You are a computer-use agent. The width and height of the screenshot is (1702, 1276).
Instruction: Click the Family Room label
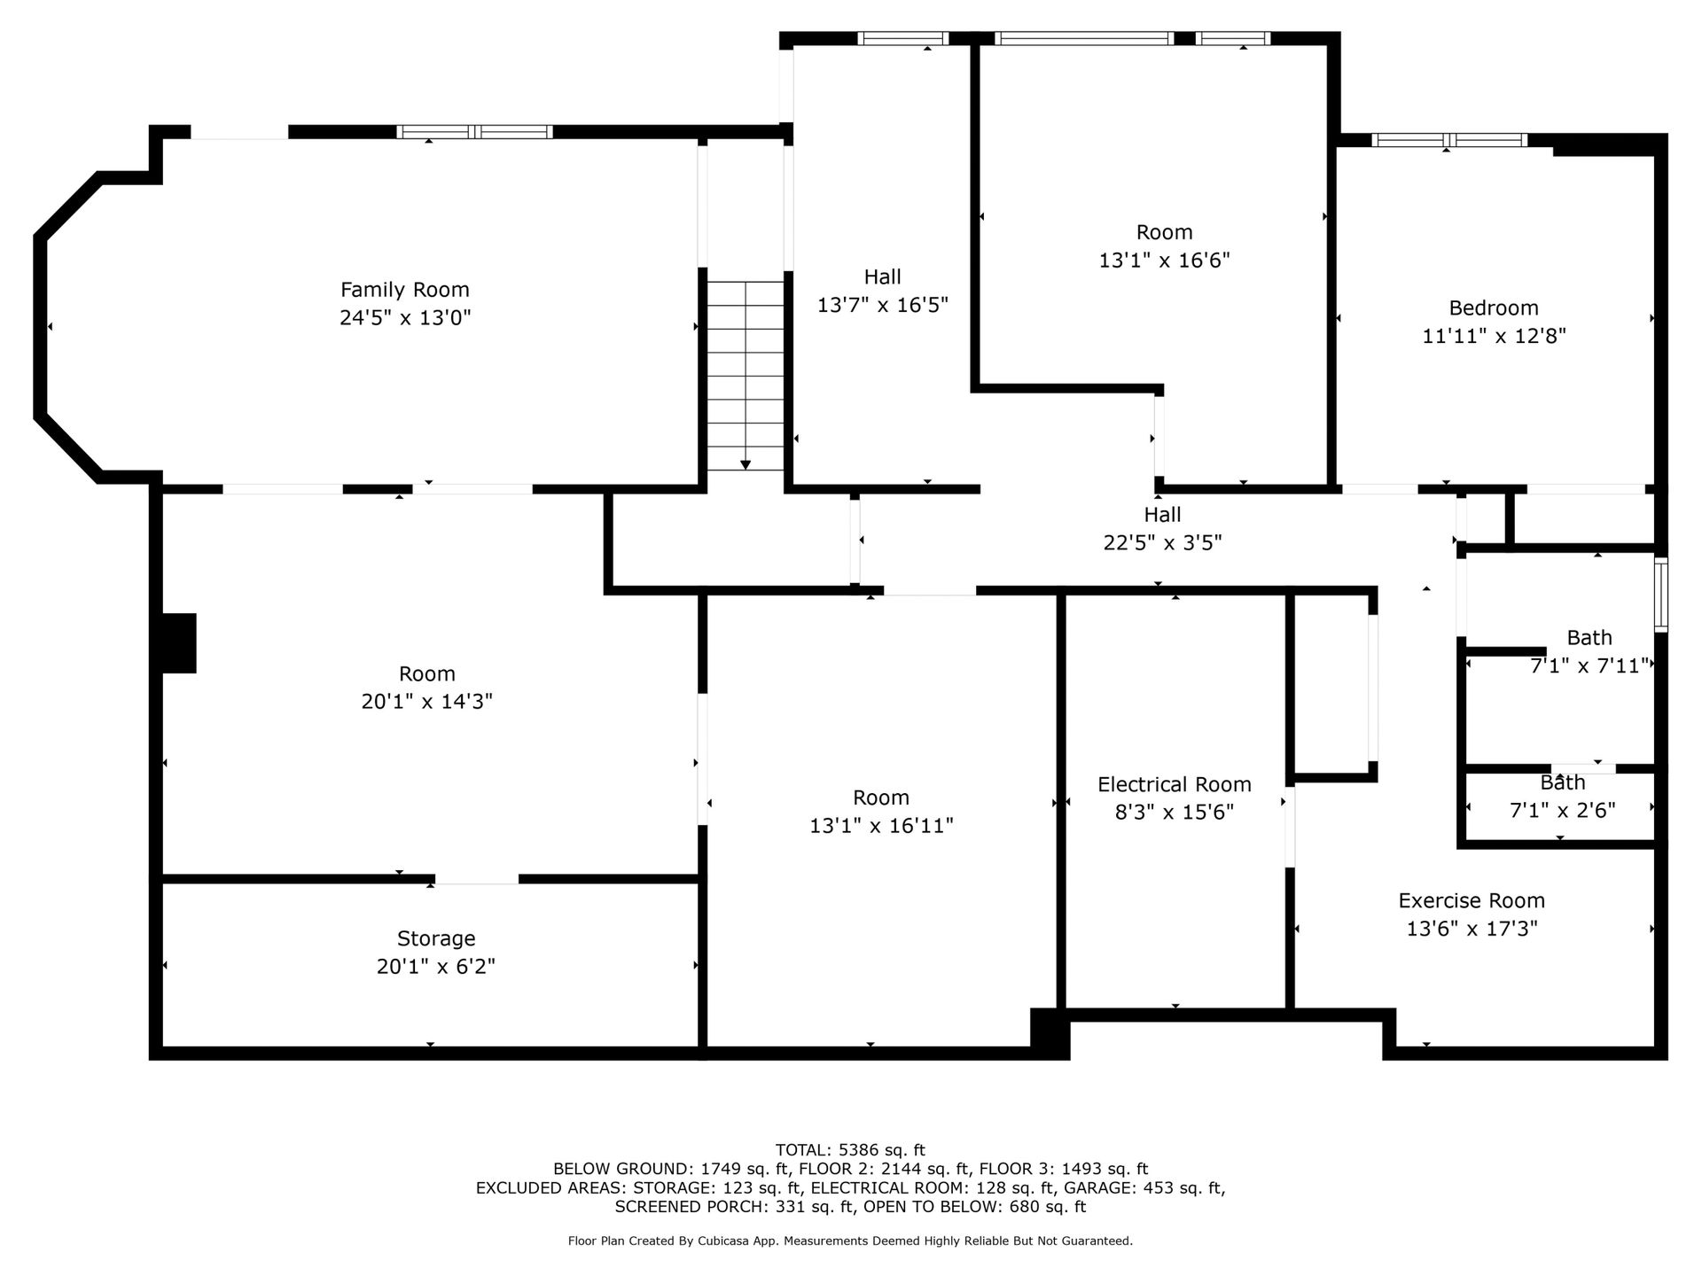click(x=405, y=290)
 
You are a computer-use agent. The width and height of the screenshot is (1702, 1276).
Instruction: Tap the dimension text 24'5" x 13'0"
click(x=405, y=318)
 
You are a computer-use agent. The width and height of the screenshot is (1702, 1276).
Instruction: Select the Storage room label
click(x=436, y=938)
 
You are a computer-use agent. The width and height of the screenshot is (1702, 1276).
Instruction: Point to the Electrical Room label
click(x=1175, y=784)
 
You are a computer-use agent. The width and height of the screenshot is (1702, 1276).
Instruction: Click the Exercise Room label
click(x=1472, y=900)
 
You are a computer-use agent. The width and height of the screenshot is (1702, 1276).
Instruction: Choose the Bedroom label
click(x=1494, y=307)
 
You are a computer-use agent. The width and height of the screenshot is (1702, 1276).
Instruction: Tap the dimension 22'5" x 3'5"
click(x=1162, y=542)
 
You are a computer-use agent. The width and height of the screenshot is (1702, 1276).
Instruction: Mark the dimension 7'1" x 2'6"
click(x=1562, y=810)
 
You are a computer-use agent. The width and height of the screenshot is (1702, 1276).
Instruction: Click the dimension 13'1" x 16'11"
click(x=881, y=826)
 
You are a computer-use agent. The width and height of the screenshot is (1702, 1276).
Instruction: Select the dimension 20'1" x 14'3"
click(x=426, y=702)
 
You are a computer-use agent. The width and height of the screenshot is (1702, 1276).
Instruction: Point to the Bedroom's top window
click(x=1449, y=140)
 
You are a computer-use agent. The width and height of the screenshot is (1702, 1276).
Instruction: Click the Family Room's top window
click(x=474, y=132)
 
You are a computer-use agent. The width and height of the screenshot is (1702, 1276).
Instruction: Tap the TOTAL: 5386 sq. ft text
click(x=850, y=1150)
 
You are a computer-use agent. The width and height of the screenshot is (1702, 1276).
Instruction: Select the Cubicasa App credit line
click(x=850, y=1241)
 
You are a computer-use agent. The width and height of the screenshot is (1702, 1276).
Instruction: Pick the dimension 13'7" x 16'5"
click(x=882, y=305)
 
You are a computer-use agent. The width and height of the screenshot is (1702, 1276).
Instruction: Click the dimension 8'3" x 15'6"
click(x=1175, y=813)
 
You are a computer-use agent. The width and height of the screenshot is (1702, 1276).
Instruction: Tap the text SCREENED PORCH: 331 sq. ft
click(x=735, y=1207)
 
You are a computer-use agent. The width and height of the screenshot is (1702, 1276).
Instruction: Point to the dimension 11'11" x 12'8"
click(x=1494, y=336)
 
